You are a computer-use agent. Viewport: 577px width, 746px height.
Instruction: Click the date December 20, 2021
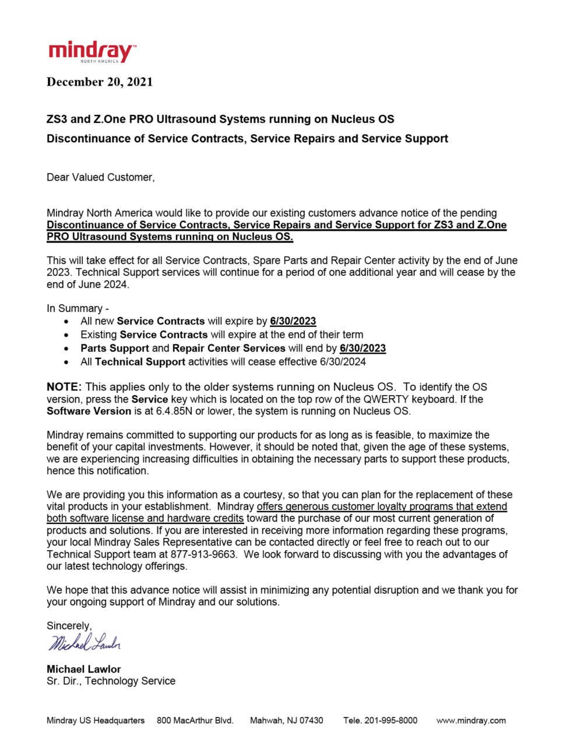point(100,82)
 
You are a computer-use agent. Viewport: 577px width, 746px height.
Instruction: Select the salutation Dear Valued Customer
point(100,177)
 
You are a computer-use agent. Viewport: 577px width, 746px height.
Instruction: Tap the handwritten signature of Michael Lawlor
point(85,642)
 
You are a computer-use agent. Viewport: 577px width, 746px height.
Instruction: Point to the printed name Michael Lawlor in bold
point(84,669)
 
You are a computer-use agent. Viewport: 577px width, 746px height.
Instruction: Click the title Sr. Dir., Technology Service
point(111,681)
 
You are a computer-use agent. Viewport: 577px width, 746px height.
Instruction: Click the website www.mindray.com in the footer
point(471,720)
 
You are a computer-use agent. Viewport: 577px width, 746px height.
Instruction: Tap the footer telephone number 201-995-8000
point(390,720)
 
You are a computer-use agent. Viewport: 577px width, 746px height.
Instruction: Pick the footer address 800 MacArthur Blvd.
point(195,720)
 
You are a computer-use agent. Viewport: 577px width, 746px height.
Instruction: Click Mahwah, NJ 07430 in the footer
point(287,720)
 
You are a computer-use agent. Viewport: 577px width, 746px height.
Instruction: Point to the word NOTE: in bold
point(64,387)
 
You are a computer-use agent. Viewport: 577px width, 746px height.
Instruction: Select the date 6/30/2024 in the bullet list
point(343,362)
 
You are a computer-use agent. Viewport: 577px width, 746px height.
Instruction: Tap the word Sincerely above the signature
point(69,626)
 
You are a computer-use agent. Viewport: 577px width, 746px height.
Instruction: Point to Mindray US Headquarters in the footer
point(96,720)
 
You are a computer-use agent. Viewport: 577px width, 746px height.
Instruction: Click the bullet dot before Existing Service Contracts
point(68,335)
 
